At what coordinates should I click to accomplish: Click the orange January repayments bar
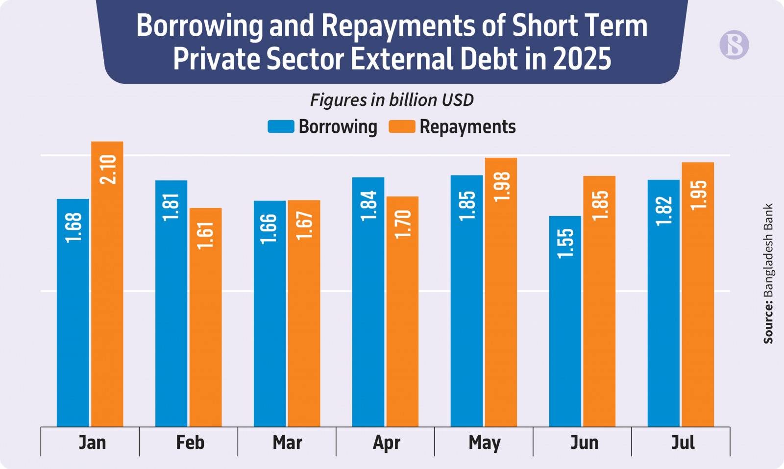coord(107,294)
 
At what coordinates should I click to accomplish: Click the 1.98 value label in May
coord(502,187)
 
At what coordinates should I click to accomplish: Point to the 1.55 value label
coord(565,243)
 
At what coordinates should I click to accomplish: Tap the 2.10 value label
coord(108,170)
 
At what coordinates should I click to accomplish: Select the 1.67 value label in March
coord(304,225)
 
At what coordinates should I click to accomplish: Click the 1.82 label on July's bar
coord(664,211)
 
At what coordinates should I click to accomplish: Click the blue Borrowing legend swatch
coord(281,126)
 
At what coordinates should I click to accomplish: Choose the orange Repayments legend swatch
coord(402,126)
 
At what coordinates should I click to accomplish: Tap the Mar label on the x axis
coord(287,443)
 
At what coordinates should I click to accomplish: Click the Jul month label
coord(683,443)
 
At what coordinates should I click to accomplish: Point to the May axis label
coord(484,443)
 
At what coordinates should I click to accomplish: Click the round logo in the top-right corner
coord(734,45)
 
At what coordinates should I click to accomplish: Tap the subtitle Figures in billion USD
coord(392,100)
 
